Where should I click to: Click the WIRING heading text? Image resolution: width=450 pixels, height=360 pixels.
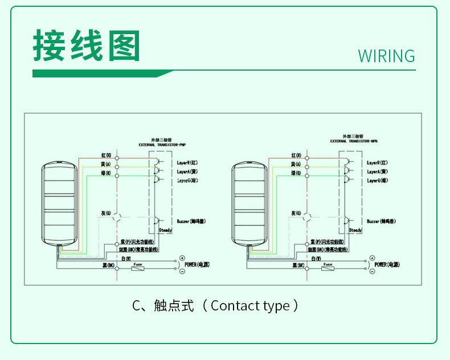click(386, 56)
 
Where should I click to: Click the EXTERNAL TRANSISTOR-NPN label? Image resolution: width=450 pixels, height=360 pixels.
click(354, 140)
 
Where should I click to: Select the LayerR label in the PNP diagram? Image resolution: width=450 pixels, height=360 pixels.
click(187, 163)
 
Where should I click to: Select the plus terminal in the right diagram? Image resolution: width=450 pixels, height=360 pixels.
click(372, 259)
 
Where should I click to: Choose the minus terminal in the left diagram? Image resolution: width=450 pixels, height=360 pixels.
click(182, 272)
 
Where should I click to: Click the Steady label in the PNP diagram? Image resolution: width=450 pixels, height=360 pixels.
click(165, 230)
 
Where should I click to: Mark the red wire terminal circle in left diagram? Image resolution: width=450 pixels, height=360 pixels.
click(117, 156)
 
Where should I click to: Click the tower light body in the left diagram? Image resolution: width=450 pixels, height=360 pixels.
click(58, 202)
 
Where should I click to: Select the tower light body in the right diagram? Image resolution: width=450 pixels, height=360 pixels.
click(249, 202)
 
